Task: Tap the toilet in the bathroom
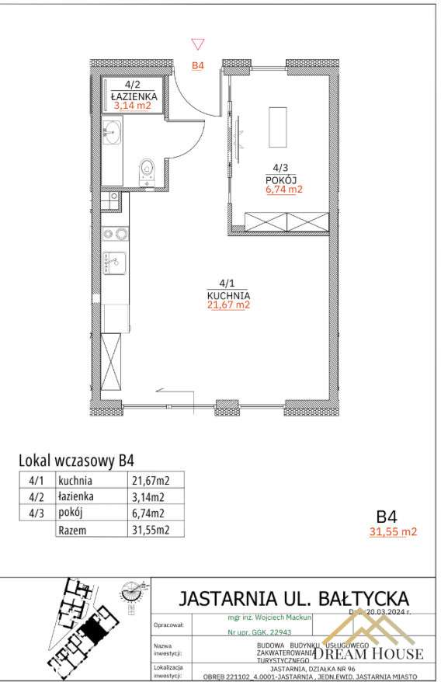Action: (x=147, y=172)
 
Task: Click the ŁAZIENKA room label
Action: (x=133, y=97)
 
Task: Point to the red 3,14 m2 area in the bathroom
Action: (x=133, y=107)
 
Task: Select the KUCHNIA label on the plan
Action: (x=228, y=296)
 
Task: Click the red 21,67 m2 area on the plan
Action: (x=228, y=306)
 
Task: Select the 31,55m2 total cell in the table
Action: (x=151, y=531)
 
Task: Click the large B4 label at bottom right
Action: (x=387, y=517)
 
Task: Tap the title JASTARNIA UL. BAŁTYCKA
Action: (x=293, y=599)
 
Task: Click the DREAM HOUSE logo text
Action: (x=368, y=654)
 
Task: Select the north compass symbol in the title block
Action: (x=133, y=593)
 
